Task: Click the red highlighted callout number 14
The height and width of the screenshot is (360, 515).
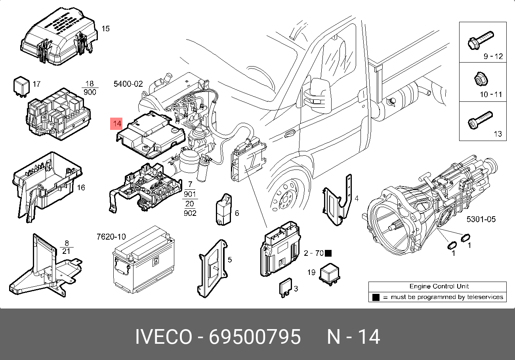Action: (117, 124)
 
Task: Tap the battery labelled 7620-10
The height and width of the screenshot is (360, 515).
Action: (143, 259)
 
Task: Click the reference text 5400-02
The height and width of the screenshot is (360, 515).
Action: (128, 84)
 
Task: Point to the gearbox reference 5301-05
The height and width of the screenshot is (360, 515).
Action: (481, 219)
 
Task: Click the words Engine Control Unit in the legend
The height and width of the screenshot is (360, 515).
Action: (439, 286)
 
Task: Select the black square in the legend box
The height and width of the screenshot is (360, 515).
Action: (376, 297)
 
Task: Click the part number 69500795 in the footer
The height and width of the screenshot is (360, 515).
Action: (255, 337)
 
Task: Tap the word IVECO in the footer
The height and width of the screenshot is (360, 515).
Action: (163, 337)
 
